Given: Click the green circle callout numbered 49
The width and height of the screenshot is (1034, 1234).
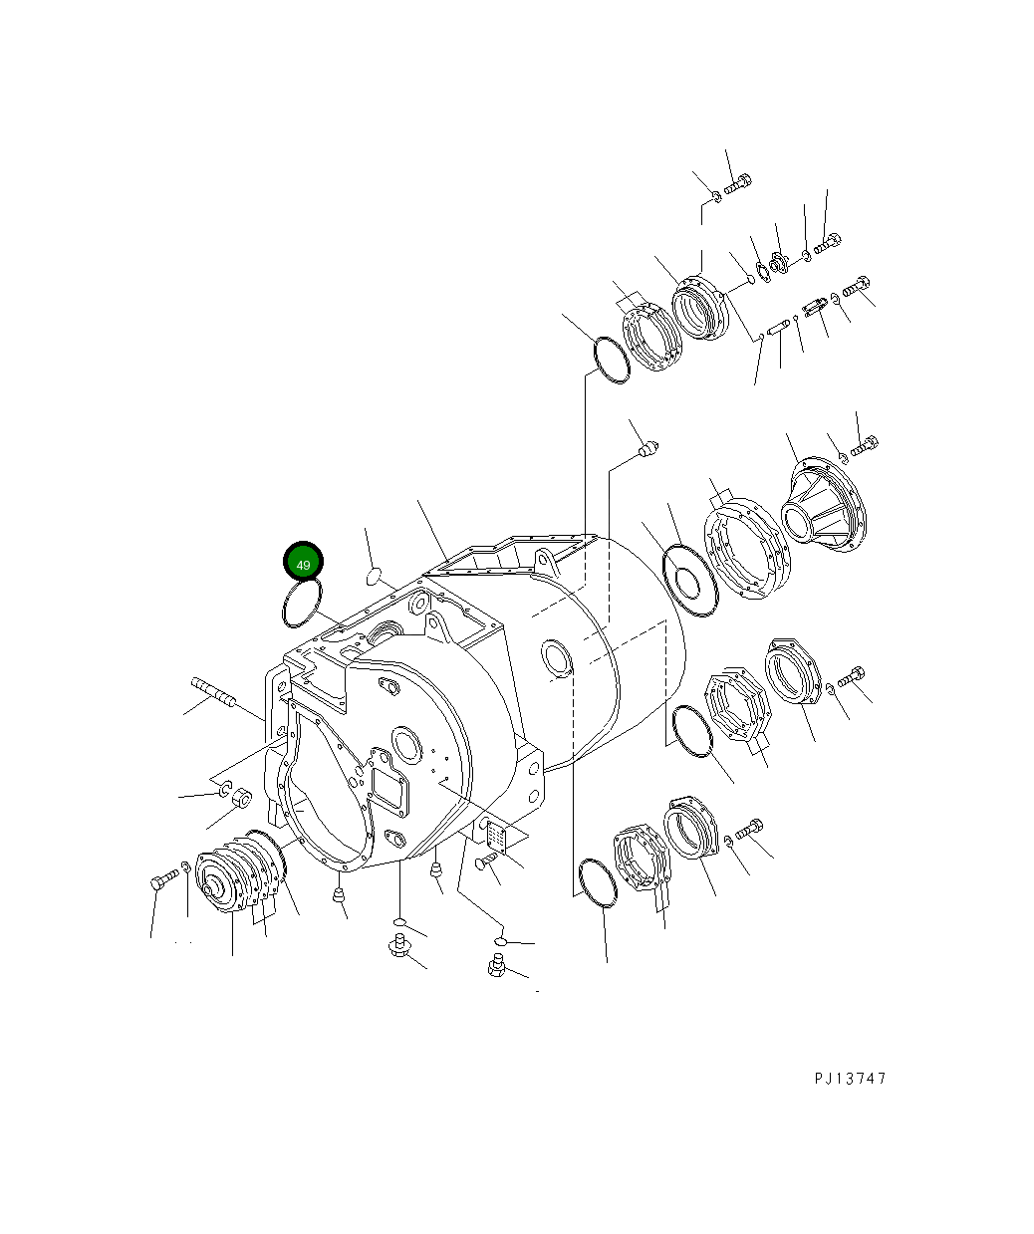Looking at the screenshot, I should (303, 563).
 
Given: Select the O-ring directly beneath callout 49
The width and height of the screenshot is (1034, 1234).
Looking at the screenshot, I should (302, 605).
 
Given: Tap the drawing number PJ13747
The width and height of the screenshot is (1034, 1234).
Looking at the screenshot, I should (849, 1079).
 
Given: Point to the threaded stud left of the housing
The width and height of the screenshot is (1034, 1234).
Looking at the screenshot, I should (212, 691).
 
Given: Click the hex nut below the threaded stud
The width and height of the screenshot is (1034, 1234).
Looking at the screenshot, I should (240, 799).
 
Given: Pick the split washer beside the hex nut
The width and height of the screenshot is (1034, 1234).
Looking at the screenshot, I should (225, 791).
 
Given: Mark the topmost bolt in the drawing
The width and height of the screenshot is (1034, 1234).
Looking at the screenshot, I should (738, 183).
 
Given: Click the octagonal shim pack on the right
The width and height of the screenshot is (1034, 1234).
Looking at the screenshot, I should (739, 706).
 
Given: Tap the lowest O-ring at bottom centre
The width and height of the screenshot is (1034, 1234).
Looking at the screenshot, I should (601, 883).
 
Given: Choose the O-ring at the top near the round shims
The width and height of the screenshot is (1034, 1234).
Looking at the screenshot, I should (611, 360).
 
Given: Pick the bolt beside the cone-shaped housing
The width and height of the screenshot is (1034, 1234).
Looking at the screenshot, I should (863, 447).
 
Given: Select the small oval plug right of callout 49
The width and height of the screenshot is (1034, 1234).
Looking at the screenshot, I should (374, 575).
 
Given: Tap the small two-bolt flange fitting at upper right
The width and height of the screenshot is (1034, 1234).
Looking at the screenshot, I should (777, 264).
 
